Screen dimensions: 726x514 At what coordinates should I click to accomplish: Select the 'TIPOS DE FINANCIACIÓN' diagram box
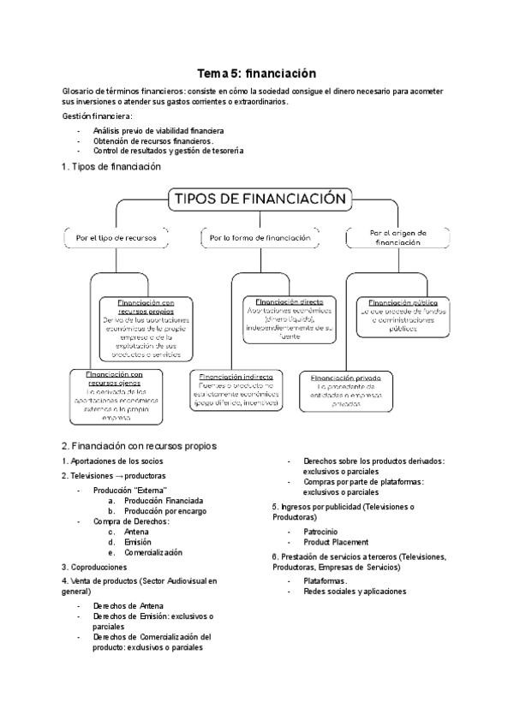coord(260,199)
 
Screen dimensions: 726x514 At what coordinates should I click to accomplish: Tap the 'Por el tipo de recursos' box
coord(117,238)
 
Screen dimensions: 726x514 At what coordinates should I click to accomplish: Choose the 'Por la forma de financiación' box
coord(260,238)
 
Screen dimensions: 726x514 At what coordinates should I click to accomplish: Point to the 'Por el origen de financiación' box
coord(397,237)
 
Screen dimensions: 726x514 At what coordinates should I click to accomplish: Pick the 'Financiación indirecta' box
coord(236,390)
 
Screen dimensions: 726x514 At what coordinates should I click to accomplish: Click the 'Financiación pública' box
coord(403,314)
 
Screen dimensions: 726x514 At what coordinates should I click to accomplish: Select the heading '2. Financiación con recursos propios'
coord(139,446)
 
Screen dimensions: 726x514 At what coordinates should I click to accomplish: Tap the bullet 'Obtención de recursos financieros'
coord(153,140)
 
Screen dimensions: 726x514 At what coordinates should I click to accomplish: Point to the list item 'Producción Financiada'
coord(163,501)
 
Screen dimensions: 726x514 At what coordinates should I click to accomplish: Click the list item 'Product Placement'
coord(336,542)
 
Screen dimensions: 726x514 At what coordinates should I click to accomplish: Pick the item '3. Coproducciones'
coord(95,567)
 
